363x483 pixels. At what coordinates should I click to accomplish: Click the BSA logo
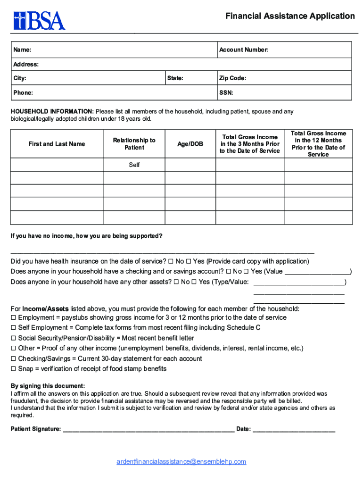coord(39,20)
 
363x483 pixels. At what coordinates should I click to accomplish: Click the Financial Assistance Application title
coord(290,17)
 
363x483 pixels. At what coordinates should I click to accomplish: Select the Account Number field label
coord(244,50)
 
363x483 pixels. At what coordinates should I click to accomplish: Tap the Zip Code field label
coord(232,78)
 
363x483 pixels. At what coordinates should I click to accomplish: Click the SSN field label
coord(226,93)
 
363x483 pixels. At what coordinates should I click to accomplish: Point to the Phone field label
coord(23,93)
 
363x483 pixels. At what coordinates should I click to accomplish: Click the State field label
coord(175,78)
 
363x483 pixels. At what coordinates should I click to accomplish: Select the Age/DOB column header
coord(190,144)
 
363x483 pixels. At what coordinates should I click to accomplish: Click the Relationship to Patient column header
coord(134,144)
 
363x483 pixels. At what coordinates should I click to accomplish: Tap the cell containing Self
coord(134,165)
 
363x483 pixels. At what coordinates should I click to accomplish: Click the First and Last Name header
coord(57,144)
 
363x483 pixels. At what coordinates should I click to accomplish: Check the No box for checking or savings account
coord(229,272)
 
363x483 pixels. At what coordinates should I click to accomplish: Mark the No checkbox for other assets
coord(176,282)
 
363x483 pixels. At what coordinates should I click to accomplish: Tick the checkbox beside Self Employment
coord(14,328)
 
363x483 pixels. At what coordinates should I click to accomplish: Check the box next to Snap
coord(14,369)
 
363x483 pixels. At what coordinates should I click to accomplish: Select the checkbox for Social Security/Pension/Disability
coord(14,338)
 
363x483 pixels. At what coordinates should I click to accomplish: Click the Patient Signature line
coord(148,429)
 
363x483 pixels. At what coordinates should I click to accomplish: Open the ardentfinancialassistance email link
coord(181,462)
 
